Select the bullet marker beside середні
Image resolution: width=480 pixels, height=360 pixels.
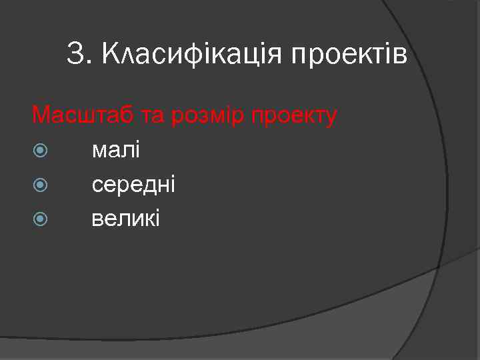coord(39,185)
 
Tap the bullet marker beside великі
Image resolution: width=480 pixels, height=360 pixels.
coord(39,219)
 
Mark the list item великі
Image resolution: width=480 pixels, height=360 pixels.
coord(126,219)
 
